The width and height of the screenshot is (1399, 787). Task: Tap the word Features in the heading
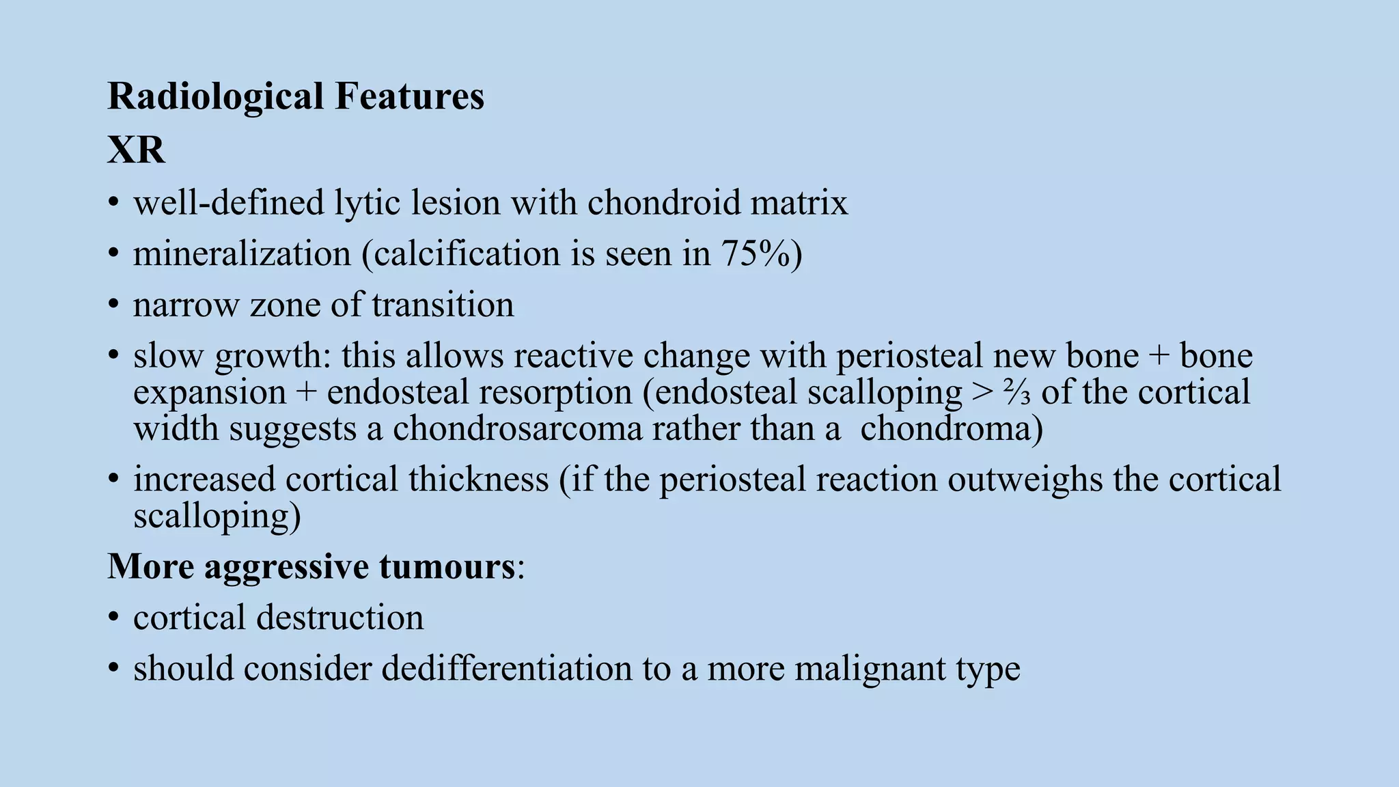[x=409, y=96]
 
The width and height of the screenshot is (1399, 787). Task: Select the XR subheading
[x=136, y=150]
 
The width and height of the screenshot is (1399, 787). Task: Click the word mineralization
[x=242, y=254]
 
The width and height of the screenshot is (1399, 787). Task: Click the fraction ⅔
[x=1016, y=393]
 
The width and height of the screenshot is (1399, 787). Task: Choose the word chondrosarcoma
[x=518, y=429]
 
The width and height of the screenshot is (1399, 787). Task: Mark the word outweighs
[x=1025, y=480]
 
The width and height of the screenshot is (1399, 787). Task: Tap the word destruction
[x=340, y=618]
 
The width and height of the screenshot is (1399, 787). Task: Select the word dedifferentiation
[x=507, y=669]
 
